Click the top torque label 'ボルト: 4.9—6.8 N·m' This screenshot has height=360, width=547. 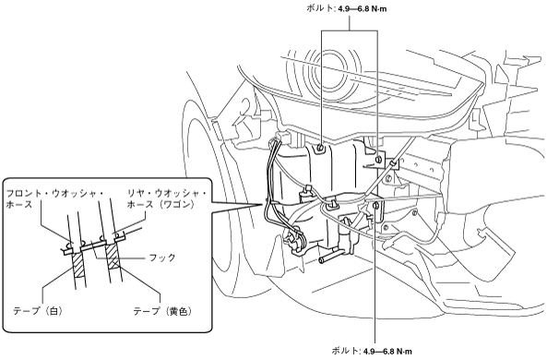coord(346,8)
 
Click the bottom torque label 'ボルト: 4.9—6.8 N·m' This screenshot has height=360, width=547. coord(371,350)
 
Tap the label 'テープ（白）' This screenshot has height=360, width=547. coord(38,310)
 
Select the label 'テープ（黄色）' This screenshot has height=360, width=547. coord(162,311)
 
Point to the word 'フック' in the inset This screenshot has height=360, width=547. coord(162,258)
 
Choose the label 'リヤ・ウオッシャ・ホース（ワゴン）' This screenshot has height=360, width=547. coord(166,198)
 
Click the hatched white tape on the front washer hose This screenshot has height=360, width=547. coord(78,264)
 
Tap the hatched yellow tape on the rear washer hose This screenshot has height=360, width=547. coord(113,257)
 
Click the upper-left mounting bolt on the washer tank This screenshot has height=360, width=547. coord(321,148)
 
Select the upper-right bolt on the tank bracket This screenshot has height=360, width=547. coord(378,160)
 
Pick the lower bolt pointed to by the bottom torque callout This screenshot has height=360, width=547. coord(375,205)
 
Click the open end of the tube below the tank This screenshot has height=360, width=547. coord(321,259)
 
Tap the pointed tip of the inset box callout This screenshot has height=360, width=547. coord(262,204)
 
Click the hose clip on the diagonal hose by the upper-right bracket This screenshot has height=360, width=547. coord(393,163)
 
